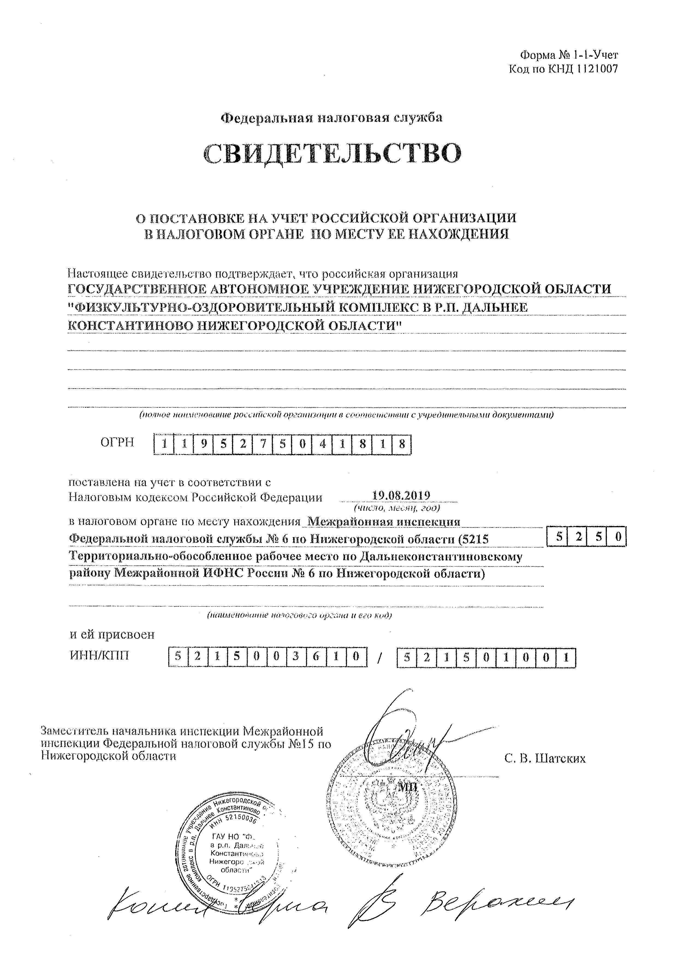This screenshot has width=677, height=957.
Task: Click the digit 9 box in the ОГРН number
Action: [x=204, y=444]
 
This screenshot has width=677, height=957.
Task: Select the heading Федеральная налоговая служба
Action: [x=331, y=118]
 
